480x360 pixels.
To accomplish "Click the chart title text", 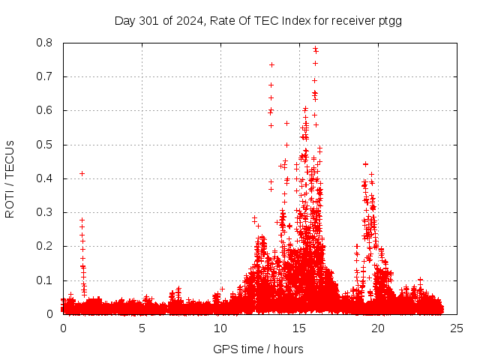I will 258,20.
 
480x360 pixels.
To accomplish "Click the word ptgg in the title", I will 390,20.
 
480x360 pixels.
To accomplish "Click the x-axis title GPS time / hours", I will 258,349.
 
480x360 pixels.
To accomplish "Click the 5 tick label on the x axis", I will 142,328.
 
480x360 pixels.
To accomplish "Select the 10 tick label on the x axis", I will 220,328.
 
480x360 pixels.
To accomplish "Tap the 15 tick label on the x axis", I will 299,328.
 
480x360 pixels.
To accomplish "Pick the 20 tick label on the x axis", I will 378,328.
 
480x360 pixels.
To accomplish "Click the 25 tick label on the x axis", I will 457,328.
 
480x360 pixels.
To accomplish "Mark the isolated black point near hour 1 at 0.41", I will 82,174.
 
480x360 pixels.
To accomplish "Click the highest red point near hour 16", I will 315,49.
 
